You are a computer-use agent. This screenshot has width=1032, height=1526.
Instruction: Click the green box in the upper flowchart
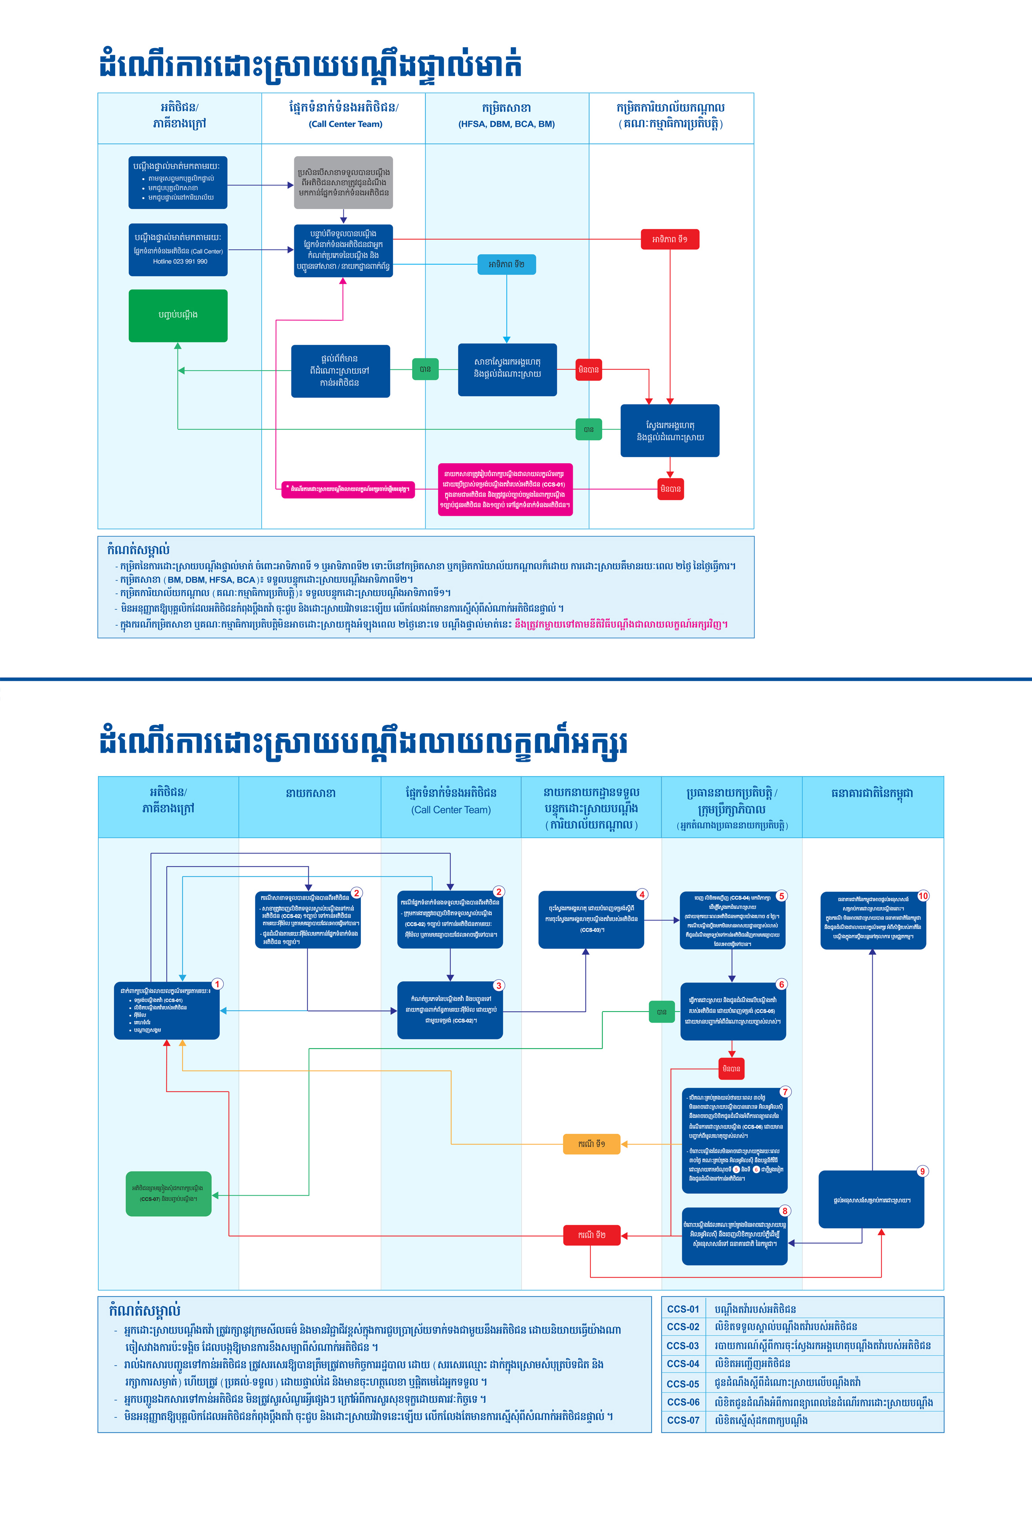[178, 315]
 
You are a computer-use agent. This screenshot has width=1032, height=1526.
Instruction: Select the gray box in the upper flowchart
[343, 183]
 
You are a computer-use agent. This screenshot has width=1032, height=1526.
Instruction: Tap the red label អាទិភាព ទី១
[670, 239]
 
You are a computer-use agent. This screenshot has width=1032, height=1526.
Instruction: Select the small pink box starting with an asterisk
[348, 489]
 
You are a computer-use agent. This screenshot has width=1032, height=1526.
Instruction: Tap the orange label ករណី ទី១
[592, 1144]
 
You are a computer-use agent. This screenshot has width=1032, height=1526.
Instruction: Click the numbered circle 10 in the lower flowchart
[923, 896]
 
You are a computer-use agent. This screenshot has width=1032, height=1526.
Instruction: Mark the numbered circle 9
[923, 1171]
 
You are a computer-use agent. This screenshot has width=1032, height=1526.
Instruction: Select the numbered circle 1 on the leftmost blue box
[217, 984]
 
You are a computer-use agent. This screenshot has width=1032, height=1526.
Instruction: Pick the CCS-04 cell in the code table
[683, 1364]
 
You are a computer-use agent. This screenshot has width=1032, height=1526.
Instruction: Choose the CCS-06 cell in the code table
[683, 1402]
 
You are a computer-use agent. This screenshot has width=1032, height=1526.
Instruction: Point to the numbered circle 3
[499, 986]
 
